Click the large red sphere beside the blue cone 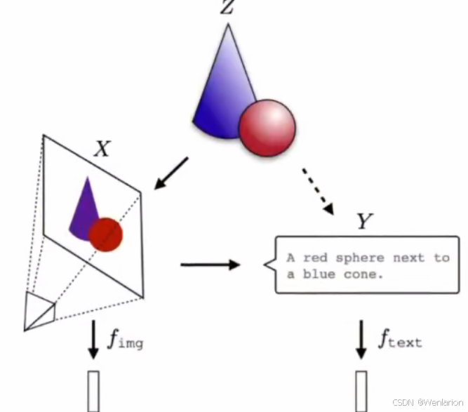(267, 128)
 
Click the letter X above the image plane (102, 149)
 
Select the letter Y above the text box (363, 222)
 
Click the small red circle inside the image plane (106, 234)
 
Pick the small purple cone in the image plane (83, 208)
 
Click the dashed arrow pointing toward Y (318, 189)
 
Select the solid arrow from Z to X (171, 173)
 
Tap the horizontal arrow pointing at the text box (210, 265)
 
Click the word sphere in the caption (359, 258)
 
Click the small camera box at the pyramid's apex (39, 310)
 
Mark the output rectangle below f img (93, 391)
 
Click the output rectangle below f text (361, 391)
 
